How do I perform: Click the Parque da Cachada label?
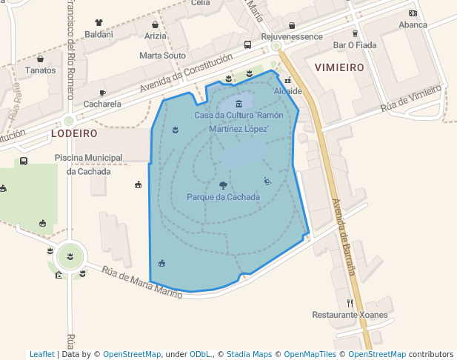(223, 197)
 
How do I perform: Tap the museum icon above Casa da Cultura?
(238, 104)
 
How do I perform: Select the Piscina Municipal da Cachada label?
(88, 164)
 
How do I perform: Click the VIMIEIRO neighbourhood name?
(338, 67)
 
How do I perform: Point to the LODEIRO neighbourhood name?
(74, 133)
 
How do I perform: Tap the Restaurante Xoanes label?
(350, 315)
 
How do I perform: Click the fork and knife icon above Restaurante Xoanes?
(350, 303)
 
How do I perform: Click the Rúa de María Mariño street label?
(142, 282)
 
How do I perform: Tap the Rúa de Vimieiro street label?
(411, 99)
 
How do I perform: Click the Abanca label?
(413, 24)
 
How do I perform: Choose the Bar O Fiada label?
(355, 44)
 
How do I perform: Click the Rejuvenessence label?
(292, 36)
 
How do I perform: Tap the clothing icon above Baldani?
(99, 23)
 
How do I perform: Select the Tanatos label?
(41, 70)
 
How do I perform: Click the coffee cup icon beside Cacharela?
(102, 93)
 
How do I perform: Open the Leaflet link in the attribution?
(42, 354)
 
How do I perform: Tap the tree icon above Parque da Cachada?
(223, 185)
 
